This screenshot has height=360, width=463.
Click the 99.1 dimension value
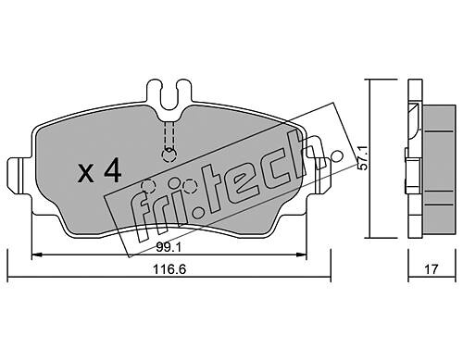pyautogui.click(x=169, y=247)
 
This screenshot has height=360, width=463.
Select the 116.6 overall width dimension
pyautogui.click(x=169, y=269)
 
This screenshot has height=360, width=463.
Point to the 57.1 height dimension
pyautogui.click(x=362, y=158)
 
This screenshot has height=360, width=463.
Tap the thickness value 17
pyautogui.click(x=432, y=269)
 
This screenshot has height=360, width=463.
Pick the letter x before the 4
pyautogui.click(x=85, y=174)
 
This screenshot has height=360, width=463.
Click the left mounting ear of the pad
pyautogui.click(x=19, y=176)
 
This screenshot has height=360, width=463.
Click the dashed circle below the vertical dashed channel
pyautogui.click(x=169, y=155)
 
